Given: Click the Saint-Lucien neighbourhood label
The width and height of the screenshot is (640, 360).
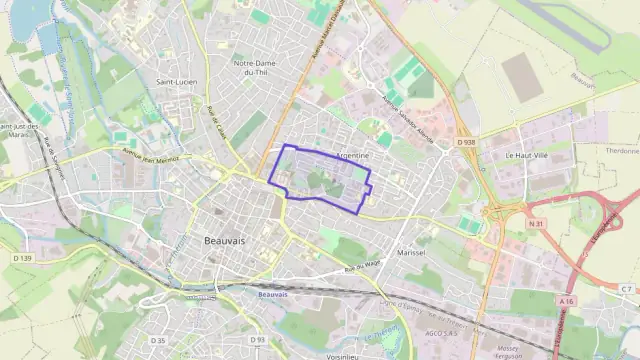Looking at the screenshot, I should pyautogui.click(x=174, y=82).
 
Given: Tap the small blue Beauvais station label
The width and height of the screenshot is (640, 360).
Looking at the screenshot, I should pyautogui.click(x=272, y=294).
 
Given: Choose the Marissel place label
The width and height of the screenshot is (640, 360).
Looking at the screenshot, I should pyautogui.click(x=411, y=254).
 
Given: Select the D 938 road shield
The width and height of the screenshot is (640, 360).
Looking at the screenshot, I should pyautogui.click(x=466, y=143).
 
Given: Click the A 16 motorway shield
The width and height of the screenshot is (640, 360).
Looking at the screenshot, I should pyautogui.click(x=567, y=300).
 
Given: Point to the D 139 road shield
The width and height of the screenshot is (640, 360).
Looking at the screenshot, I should pyautogui.click(x=25, y=259).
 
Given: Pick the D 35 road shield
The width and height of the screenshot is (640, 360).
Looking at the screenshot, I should pyautogui.click(x=158, y=340).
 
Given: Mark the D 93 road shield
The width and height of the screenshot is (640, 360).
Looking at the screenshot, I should pyautogui.click(x=258, y=340).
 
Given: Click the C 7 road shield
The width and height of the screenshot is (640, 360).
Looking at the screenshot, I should pyautogui.click(x=626, y=289).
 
